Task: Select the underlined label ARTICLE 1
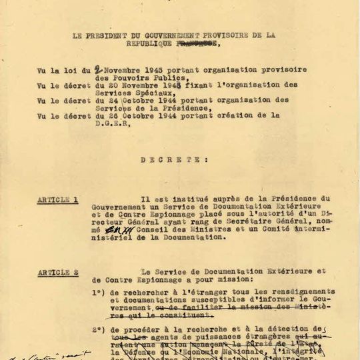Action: (57, 199)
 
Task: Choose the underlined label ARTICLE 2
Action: (57, 272)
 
